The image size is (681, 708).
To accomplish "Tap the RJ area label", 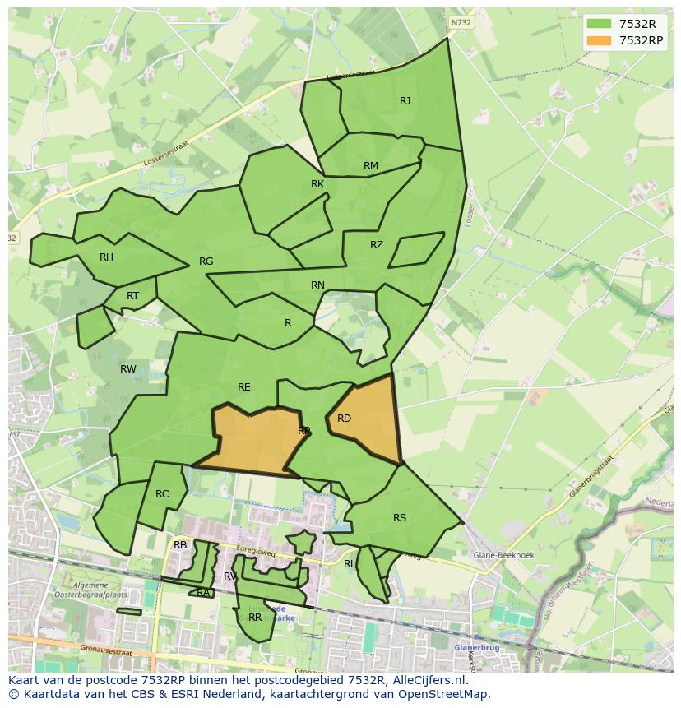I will point(405,101).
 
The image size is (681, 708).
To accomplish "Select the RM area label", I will point(371,166).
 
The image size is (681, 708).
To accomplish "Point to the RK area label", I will point(317,184).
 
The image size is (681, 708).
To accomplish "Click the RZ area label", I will point(377,245).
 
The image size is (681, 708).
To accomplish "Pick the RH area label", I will point(106,257).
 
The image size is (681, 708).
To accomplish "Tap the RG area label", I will point(206,261).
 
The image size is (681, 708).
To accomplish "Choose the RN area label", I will point(317,285).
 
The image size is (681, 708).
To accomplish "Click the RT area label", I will point(132,296).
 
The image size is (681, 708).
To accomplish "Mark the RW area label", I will point(128,369).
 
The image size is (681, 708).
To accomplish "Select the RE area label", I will point(243,387).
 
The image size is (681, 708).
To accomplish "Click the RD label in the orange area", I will point(344,419).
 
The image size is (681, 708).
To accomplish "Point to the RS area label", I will point(400,518).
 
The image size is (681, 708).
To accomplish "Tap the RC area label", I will point(162,494).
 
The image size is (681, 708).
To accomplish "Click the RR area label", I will point(255,617).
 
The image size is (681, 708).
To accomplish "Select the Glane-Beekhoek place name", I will point(503,555).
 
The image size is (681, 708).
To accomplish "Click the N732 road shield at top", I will point(461,23).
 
